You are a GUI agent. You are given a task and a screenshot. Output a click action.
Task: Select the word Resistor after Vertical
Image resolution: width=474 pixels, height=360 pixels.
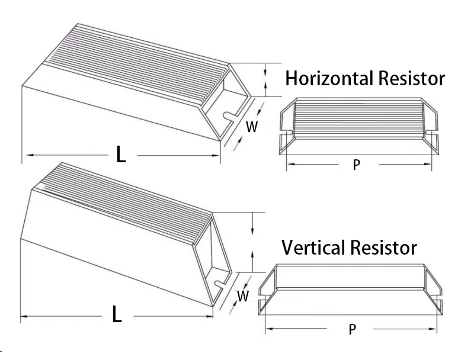[383, 247]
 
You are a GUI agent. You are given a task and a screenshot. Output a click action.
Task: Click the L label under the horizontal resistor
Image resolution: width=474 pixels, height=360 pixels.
[121, 155]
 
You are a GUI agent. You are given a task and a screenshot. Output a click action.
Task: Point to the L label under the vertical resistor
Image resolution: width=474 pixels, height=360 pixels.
[117, 315]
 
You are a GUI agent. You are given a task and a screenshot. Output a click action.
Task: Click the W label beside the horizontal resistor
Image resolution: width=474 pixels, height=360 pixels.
[252, 126]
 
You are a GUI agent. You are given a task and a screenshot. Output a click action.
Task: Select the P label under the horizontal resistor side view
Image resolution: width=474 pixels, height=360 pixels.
[356, 165]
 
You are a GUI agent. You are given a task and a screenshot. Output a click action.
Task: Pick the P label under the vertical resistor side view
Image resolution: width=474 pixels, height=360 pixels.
[353, 329]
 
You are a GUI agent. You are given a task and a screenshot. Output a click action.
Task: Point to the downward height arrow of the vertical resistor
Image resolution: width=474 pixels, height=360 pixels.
[254, 225]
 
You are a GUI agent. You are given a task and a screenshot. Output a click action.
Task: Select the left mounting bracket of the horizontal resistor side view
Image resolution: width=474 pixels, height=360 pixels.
[284, 127]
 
